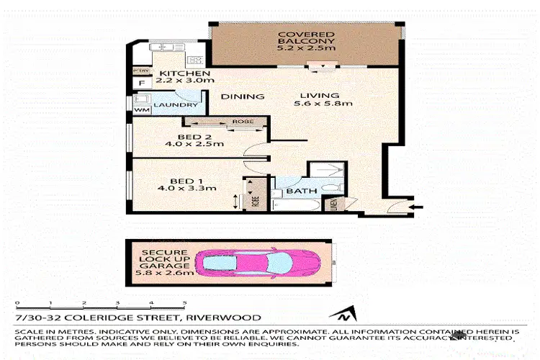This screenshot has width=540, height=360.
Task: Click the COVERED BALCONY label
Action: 307,41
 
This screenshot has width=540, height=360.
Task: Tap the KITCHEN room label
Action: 184,74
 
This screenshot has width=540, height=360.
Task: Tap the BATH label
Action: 297,193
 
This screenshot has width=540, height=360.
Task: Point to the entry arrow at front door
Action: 412,209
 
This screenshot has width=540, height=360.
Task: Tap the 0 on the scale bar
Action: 16,303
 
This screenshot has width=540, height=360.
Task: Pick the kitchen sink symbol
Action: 166,47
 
